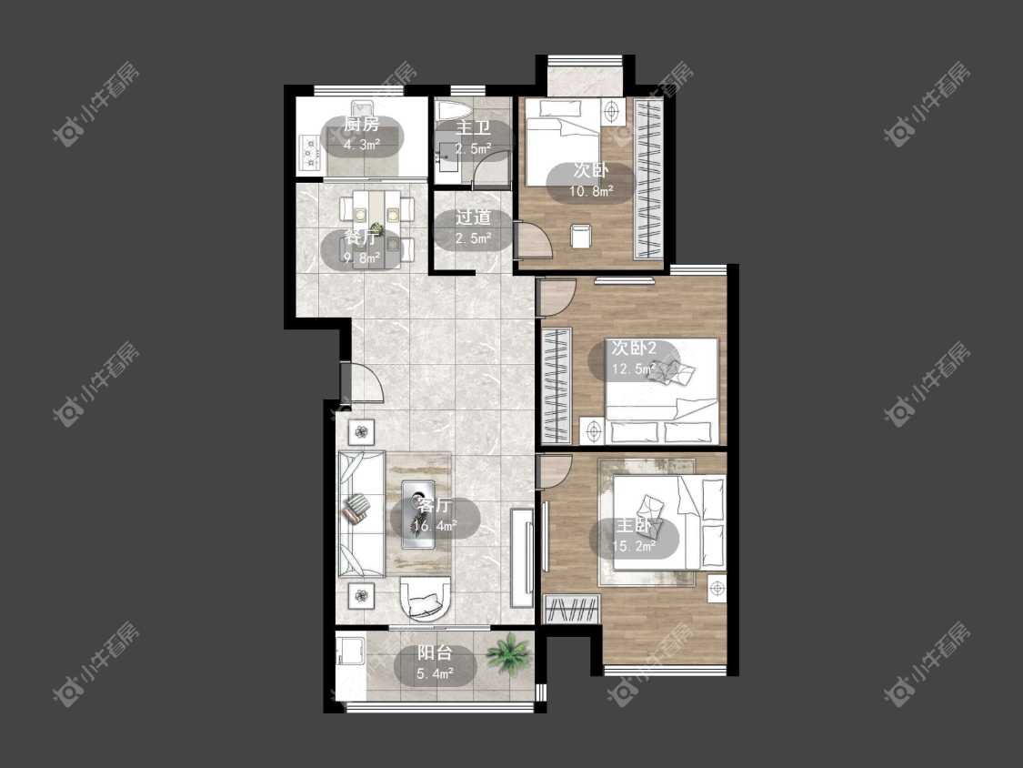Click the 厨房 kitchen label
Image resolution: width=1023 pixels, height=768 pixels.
pos(361,124)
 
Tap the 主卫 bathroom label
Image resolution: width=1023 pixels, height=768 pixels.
pos(473,128)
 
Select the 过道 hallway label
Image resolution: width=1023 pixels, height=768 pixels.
pos(473,217)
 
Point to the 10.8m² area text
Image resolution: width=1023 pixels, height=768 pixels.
pos(591,191)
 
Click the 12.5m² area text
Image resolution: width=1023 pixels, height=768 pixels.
pos(633,369)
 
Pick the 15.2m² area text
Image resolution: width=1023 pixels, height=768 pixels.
pos(634,547)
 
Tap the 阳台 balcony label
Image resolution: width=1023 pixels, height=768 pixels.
pos(436,652)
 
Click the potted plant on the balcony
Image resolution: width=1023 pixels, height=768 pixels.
pos(508,654)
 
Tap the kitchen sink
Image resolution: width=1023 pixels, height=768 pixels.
pos(360,106)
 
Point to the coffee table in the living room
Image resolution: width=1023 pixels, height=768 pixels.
pos(417,516)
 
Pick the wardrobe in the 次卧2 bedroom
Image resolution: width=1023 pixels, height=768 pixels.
pos(556,386)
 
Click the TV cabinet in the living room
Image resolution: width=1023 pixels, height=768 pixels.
pos(523,558)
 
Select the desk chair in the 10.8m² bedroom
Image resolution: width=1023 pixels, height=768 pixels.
pos(580,235)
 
